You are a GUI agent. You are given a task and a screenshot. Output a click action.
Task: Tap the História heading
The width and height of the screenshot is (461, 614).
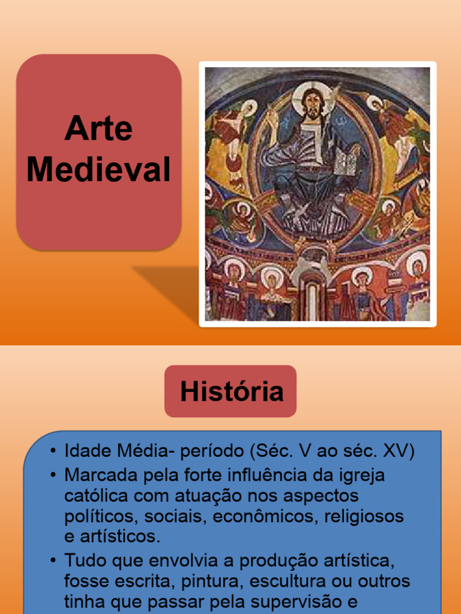click(x=231, y=392)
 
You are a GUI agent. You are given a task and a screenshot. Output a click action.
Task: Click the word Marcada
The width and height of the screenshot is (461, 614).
click(x=101, y=475)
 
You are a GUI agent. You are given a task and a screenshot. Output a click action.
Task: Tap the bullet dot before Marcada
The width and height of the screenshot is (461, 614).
click(x=53, y=475)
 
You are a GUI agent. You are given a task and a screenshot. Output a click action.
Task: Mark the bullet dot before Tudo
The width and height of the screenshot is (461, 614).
click(x=53, y=561)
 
